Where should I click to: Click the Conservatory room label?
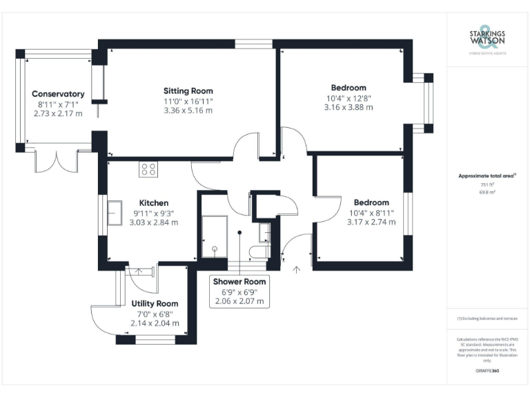point(58,94)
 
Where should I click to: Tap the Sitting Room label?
point(188,91)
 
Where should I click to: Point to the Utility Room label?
point(155,303)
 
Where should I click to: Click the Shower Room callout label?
point(239,282)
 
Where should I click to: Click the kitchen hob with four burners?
point(148,169)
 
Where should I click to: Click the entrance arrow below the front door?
point(297,271)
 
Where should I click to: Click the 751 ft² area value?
point(487,184)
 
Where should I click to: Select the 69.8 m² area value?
point(487,192)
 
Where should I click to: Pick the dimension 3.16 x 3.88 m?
point(348,107)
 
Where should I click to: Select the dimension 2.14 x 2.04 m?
point(155,323)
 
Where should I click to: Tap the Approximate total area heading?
point(487,176)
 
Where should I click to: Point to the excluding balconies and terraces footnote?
point(487,319)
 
